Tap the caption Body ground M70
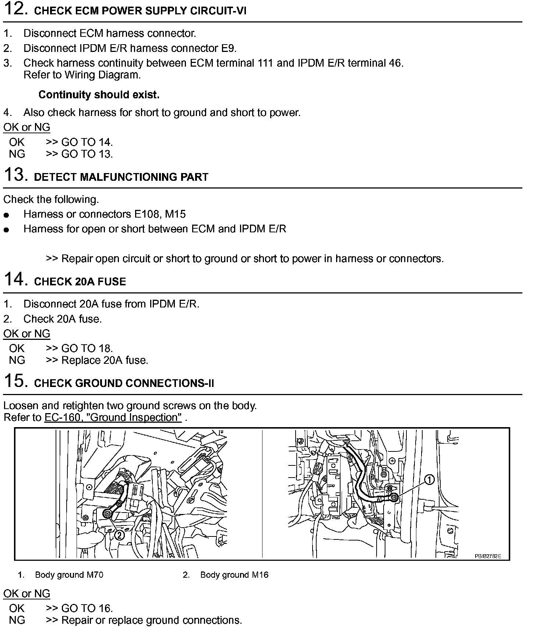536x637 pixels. tap(69, 575)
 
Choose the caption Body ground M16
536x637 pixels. tap(235, 575)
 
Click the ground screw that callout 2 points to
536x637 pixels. tap(108, 514)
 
